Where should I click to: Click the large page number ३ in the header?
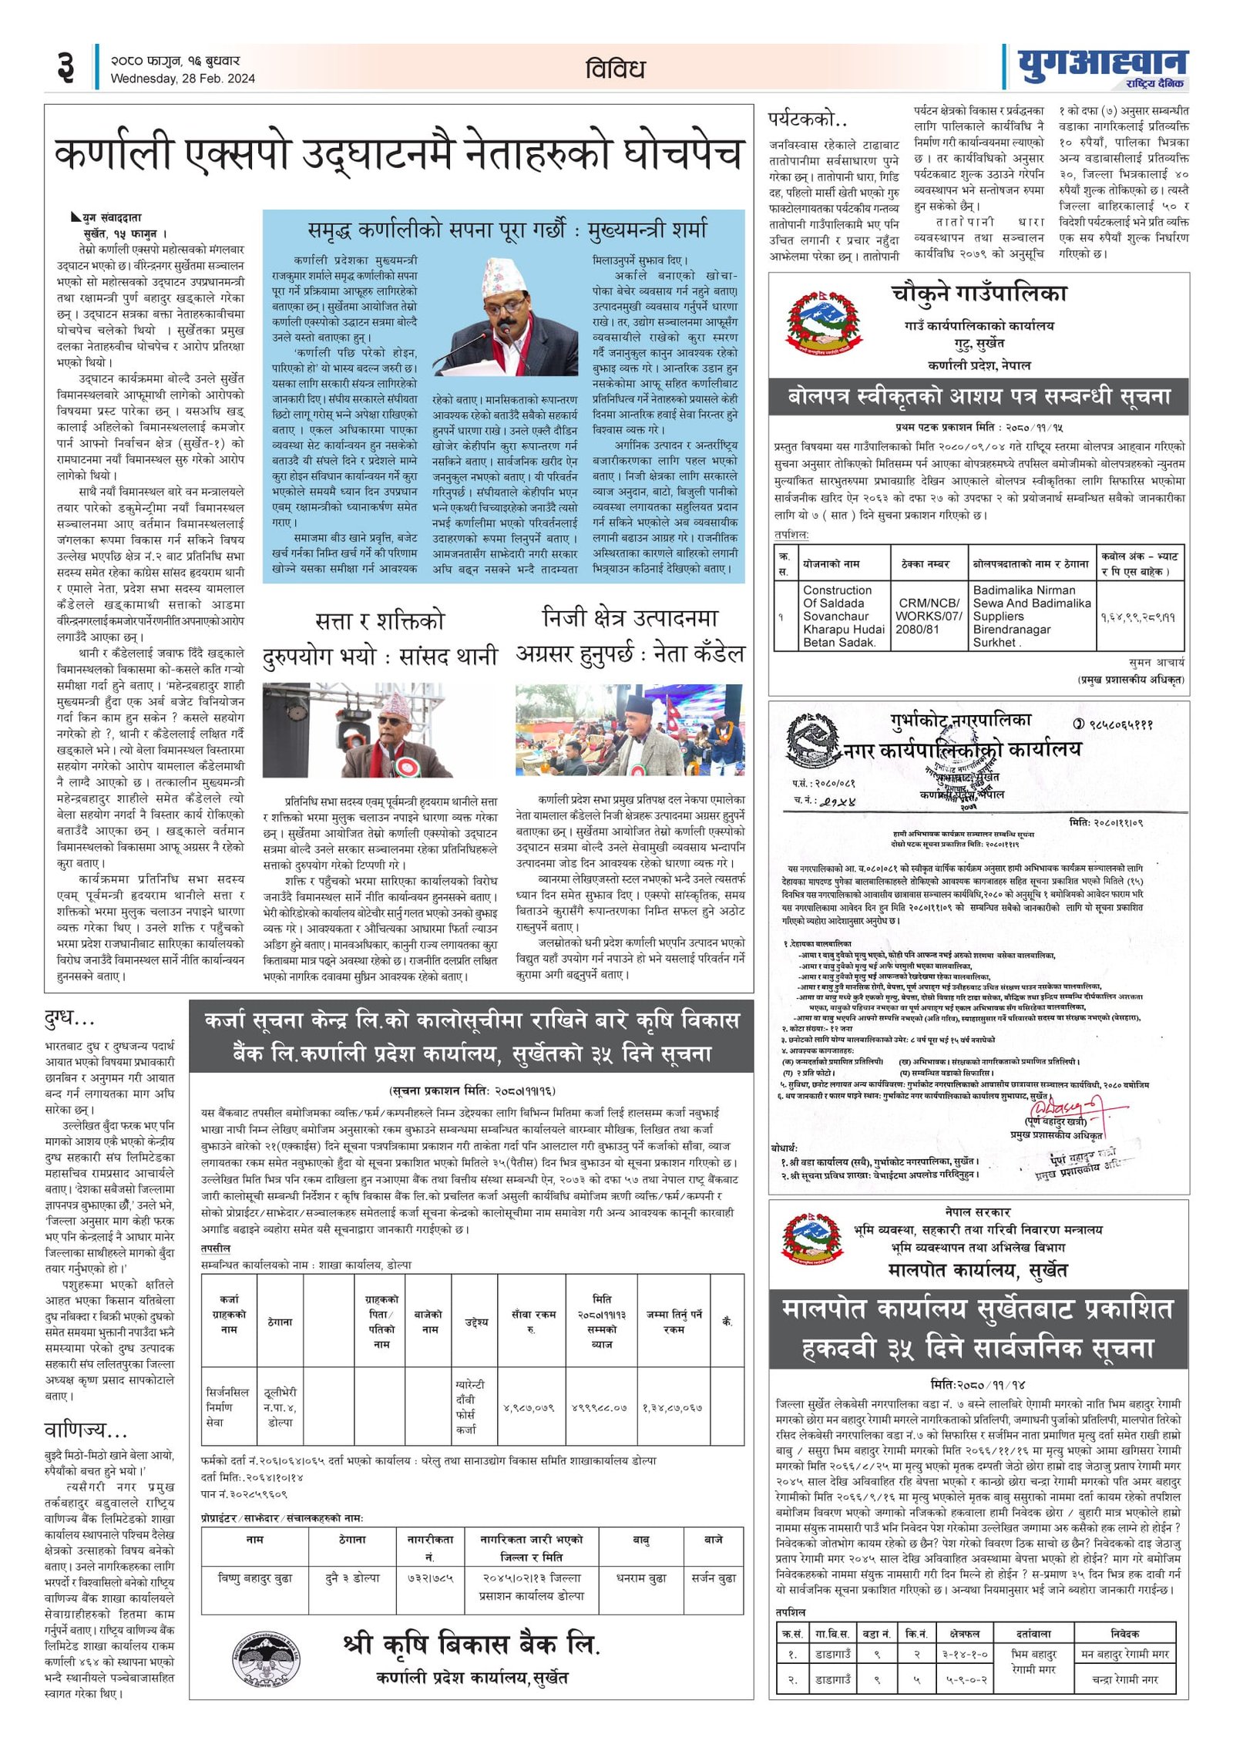66,67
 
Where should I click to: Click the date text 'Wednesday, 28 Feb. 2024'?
183,79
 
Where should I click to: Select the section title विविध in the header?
615,69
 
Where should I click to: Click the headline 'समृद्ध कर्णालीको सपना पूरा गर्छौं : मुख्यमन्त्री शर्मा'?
507,230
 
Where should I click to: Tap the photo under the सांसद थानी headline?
380,729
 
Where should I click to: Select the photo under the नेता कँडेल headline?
630,729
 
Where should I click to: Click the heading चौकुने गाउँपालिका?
979,294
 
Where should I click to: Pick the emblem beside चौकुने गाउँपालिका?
824,321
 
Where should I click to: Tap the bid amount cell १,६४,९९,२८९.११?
1137,617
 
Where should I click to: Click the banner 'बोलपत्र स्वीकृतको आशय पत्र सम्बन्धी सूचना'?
979,397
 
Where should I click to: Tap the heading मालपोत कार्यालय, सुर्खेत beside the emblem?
978,1269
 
